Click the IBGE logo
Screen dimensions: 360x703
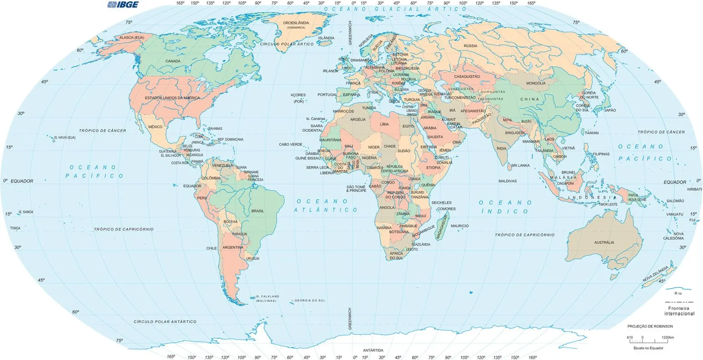pos(123,5)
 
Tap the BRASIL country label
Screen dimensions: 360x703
pos(257,211)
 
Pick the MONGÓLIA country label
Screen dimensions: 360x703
pos(535,83)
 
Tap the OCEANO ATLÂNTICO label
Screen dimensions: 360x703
pos(326,205)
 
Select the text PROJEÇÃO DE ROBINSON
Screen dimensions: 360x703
pos(650,326)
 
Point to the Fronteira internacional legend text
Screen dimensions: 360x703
pos(679,311)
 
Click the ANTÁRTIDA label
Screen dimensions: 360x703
pos(373,350)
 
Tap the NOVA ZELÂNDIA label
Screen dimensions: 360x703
pos(655,274)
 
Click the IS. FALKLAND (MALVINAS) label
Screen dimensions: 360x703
pos(266,298)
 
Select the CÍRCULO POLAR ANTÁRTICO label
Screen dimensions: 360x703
pos(165,321)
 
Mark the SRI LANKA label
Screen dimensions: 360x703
pos(520,165)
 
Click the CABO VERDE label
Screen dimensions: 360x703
pos(291,145)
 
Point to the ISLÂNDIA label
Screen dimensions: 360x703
pos(326,38)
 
